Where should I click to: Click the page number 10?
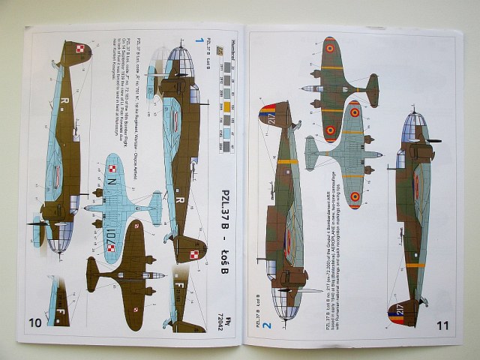pos(35,323)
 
